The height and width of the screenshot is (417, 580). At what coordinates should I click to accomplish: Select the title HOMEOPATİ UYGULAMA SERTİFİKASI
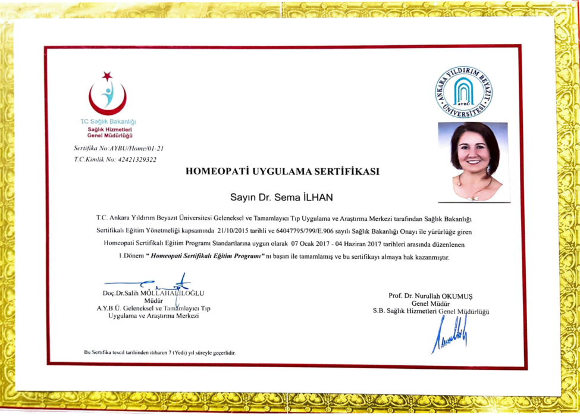(283, 172)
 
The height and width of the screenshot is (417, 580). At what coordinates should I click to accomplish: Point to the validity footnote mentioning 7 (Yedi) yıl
(160, 353)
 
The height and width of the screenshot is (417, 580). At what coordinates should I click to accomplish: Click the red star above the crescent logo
(107, 76)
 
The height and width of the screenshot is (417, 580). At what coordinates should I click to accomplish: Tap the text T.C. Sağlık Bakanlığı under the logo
(108, 122)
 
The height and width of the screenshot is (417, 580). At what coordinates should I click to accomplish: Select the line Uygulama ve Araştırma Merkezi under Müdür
(153, 316)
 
